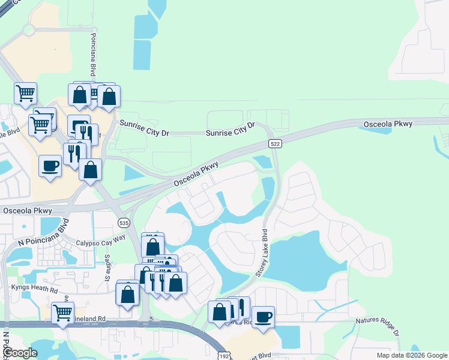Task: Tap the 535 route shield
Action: click(124, 223)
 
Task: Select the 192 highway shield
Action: click(223, 355)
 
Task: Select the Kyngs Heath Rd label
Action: click(34, 288)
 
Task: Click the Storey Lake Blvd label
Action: click(262, 252)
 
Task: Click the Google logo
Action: click(20, 353)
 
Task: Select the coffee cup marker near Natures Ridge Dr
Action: click(263, 316)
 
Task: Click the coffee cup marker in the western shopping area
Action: click(50, 165)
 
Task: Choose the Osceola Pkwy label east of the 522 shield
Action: click(388, 124)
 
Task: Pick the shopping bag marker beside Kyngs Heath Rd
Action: click(127, 294)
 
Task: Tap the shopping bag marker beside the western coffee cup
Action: click(90, 169)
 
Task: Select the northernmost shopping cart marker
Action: click(26, 93)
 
